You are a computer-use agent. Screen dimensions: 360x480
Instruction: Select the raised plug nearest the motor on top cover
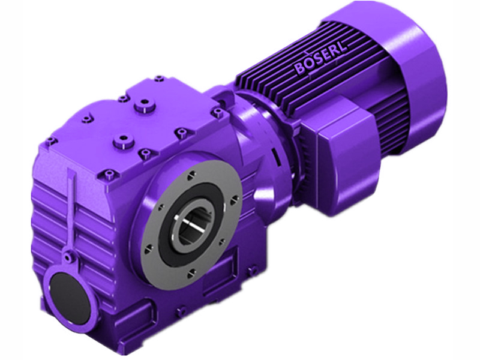[x=142, y=108]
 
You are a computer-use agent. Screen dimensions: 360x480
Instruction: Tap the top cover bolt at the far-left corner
[x=51, y=140]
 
